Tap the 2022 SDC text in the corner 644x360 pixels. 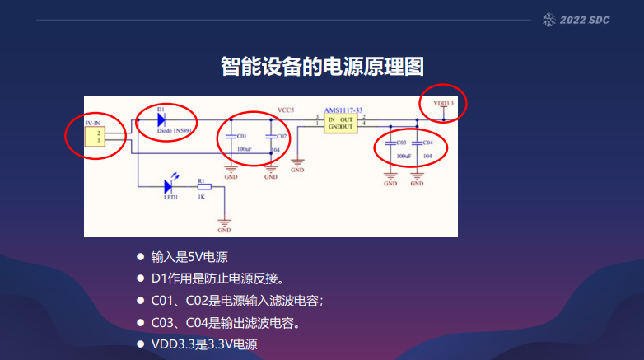tap(585, 19)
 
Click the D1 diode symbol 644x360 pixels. tap(162, 119)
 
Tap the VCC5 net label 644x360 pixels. tap(286, 110)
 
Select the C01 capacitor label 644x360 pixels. tap(241, 136)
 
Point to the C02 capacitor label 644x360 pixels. tap(281, 136)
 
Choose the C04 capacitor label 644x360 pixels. tap(427, 143)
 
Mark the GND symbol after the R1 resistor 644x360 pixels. tap(225, 224)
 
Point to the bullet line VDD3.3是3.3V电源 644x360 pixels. tap(204, 344)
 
